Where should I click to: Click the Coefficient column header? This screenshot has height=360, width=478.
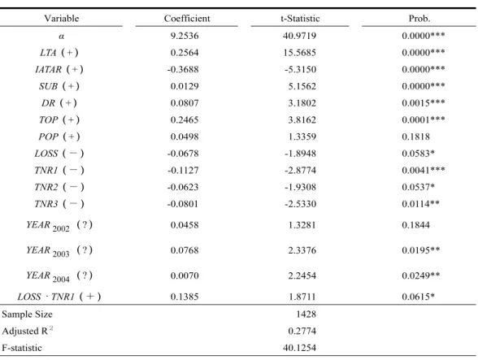coord(187,19)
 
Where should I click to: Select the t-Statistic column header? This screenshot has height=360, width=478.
coord(300,19)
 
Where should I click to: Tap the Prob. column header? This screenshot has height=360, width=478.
coord(419,19)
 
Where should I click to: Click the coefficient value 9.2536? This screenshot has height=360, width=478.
coord(185,36)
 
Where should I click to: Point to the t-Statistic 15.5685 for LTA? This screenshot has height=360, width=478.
coord(299,53)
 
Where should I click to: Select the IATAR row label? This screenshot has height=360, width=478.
coord(59,69)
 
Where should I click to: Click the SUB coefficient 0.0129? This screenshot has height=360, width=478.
coord(185,86)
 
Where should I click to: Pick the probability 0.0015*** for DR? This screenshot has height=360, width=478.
coord(423,102)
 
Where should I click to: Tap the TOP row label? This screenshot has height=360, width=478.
coord(59,119)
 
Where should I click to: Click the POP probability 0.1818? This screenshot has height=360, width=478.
coord(416,137)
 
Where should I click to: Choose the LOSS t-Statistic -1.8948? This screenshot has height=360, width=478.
coord(300,154)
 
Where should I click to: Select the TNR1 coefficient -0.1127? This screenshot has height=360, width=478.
coord(183,170)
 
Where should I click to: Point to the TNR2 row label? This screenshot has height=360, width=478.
coord(59,187)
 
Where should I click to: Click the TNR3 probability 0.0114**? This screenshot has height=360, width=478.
coord(421,204)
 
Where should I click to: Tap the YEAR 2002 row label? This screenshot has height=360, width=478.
coord(59,226)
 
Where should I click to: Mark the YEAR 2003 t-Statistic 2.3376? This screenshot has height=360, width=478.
coord(302,250)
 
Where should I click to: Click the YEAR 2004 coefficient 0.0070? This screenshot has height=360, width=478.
coord(185,275)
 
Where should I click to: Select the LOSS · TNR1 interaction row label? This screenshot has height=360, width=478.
coord(59,297)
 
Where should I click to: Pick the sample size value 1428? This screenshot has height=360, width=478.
coord(306,314)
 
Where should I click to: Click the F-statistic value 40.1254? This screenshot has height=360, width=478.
coord(299,348)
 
